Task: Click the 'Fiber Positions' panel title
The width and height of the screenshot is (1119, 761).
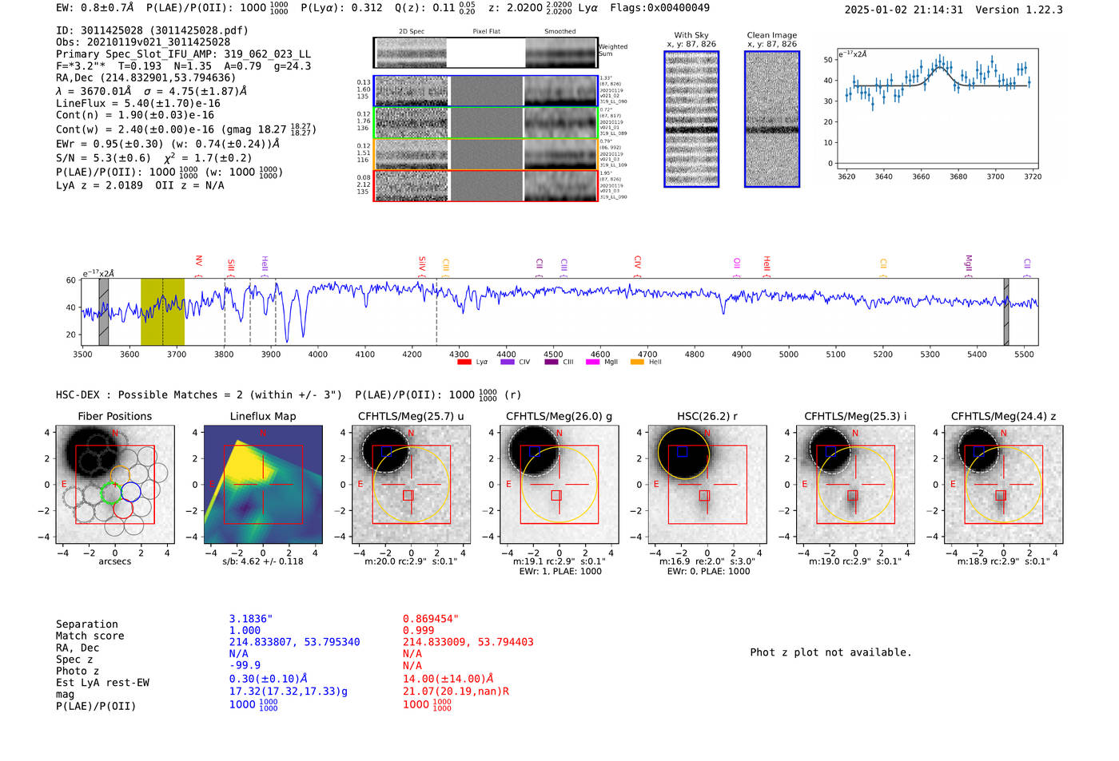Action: [114, 416]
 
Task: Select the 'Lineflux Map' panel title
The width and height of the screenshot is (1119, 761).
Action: [262, 416]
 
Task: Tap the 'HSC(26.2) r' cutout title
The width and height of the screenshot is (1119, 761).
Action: [707, 416]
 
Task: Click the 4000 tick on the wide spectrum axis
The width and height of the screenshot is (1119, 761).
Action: [317, 354]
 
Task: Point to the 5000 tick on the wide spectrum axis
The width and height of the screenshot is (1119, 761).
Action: [788, 354]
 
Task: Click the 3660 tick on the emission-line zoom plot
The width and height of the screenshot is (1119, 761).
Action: [921, 176]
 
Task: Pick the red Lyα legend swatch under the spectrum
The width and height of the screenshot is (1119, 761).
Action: [464, 363]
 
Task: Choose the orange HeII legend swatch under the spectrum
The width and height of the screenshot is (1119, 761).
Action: [637, 363]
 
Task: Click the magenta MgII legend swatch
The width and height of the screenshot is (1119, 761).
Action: [592, 363]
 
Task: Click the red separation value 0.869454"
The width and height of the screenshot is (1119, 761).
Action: [431, 619]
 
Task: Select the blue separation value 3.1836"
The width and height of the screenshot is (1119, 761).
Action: [251, 619]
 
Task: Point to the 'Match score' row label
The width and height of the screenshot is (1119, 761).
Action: [90, 636]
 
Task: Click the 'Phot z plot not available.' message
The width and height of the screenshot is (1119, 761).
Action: [830, 652]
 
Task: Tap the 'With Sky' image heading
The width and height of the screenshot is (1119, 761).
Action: [691, 35]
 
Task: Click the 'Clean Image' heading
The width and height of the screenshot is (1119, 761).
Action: [771, 35]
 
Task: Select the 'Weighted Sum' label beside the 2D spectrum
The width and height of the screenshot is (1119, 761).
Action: [612, 50]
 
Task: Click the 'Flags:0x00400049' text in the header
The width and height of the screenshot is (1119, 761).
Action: [659, 8]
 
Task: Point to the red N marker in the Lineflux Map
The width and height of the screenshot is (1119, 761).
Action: [263, 434]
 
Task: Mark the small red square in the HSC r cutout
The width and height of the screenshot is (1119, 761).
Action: [704, 496]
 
